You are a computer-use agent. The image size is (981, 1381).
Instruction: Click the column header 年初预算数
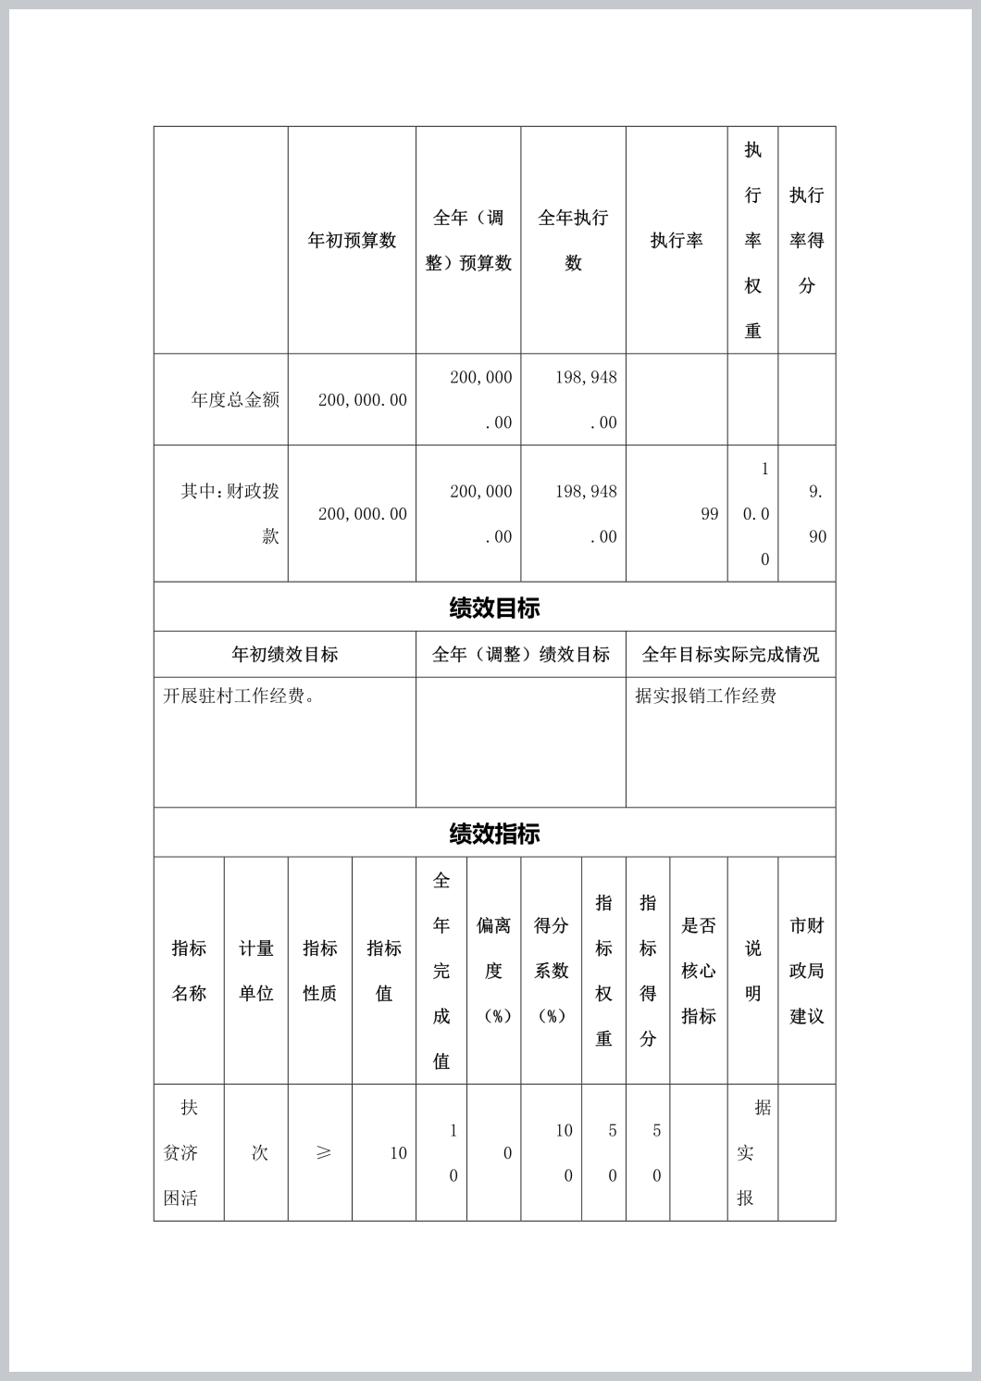click(352, 241)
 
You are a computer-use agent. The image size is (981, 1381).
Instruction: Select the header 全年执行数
click(573, 241)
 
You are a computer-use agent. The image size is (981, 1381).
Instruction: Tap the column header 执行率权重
click(752, 241)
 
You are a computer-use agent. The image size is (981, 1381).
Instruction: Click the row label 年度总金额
click(235, 400)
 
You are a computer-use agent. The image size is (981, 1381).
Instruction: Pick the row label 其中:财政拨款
click(230, 513)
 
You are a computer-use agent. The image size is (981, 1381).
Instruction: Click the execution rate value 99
click(709, 514)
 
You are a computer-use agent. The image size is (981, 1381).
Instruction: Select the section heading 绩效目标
click(494, 609)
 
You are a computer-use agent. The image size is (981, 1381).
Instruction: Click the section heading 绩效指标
click(494, 834)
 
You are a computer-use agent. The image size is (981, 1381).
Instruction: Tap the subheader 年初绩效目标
click(284, 655)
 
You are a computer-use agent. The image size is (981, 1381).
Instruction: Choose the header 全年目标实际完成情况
click(730, 655)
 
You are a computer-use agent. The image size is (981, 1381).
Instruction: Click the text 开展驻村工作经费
click(240, 696)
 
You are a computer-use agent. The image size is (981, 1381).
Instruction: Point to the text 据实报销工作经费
click(705, 696)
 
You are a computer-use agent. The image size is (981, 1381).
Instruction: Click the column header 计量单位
click(255, 971)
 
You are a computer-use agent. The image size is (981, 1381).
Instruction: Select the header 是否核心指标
click(698, 971)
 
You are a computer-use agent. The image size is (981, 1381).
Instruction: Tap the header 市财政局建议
click(806, 971)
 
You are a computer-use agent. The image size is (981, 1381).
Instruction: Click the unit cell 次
click(259, 1153)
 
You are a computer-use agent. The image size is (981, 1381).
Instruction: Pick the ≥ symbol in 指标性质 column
click(322, 1153)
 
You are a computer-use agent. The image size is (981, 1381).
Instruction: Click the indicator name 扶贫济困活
click(181, 1153)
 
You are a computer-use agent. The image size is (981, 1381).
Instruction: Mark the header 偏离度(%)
click(493, 971)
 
